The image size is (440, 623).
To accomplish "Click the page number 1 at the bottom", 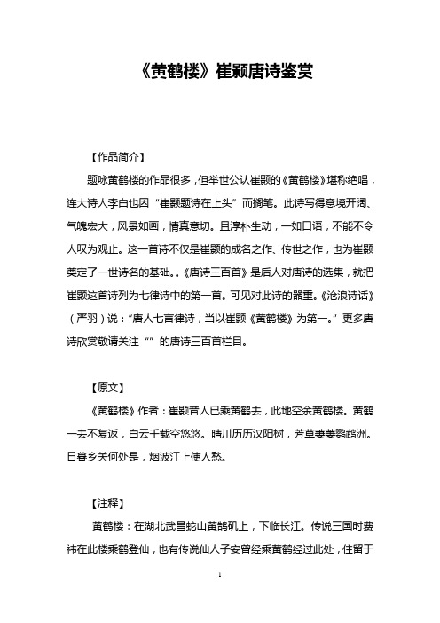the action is [220, 601].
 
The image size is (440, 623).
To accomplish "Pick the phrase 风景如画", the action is [156, 226].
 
